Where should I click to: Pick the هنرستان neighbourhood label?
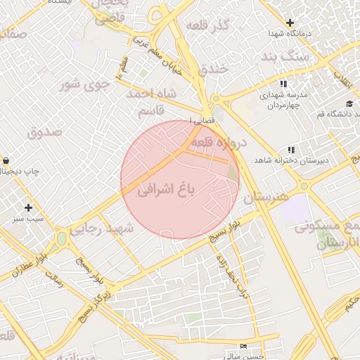(264, 198)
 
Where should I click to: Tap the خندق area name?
(212, 69)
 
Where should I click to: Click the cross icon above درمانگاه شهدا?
(290, 22)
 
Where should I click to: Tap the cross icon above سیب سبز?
(28, 207)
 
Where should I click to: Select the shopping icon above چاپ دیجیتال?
(6, 160)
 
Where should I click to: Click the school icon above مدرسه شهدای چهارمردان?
(283, 84)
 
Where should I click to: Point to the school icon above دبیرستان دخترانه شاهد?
(291, 150)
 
